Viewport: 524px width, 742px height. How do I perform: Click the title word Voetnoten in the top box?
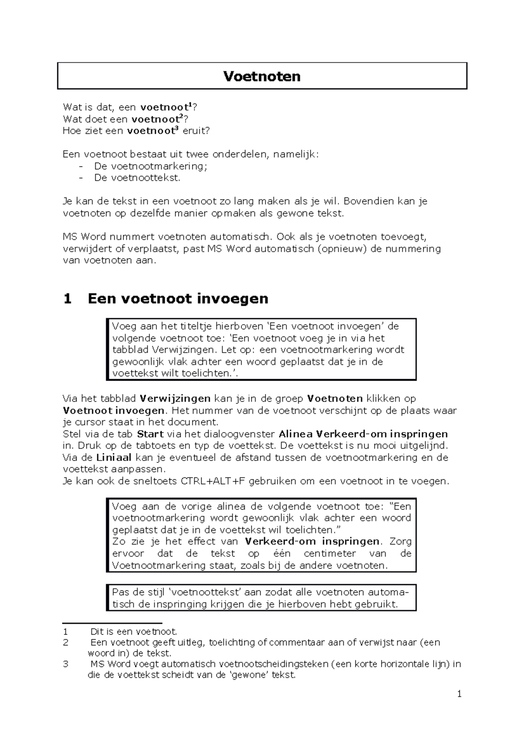pos(262,76)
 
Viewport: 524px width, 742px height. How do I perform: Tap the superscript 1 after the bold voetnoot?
pos(190,105)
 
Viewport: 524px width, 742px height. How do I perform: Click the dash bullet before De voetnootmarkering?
pos(81,166)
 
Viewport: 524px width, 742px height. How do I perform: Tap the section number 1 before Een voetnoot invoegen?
pos(67,299)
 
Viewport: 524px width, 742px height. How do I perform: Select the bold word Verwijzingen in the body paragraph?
pos(175,399)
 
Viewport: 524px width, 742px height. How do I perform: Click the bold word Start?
pos(150,434)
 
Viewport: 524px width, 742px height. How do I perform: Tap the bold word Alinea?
pos(295,434)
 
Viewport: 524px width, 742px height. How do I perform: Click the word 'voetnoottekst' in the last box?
pos(205,593)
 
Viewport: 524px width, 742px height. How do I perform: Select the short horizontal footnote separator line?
pos(112,623)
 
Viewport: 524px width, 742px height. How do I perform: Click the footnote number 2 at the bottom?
pos(65,643)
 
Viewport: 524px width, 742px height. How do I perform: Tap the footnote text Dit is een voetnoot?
pos(134,632)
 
